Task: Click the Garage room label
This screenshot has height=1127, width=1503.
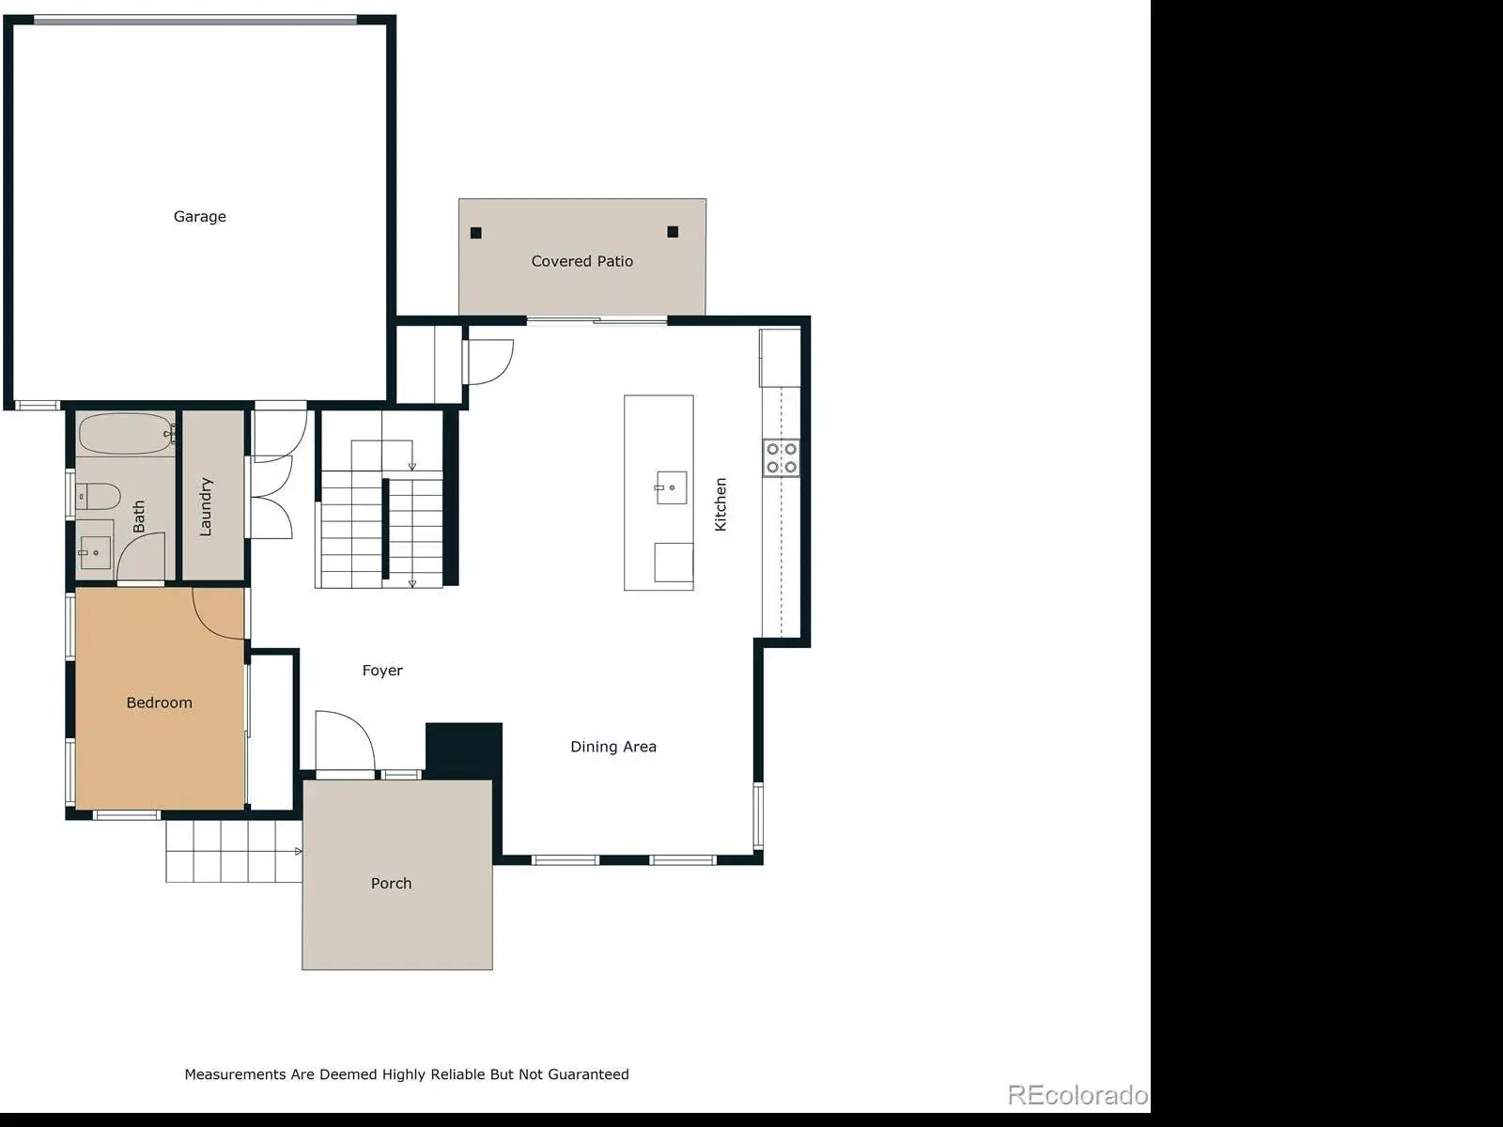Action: pos(199,217)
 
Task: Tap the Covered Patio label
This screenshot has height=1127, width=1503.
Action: pos(582,261)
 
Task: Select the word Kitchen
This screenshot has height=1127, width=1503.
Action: pos(721,504)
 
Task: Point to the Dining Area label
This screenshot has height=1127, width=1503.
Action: pos(613,747)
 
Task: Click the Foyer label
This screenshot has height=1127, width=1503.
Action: pos(382,671)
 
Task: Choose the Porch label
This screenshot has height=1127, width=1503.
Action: pos(391,884)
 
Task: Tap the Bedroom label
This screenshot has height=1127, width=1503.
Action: pos(160,702)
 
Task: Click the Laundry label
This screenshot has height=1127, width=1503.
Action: pos(206,506)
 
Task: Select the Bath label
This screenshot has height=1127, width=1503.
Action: pos(139,517)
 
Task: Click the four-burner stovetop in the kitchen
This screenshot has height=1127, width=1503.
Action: pos(782,457)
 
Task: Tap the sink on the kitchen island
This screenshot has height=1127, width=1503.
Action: pos(671,487)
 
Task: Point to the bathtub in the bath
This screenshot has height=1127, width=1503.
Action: pos(126,434)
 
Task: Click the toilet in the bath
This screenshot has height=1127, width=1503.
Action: pos(98,496)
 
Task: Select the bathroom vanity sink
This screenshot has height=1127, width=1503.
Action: pos(95,552)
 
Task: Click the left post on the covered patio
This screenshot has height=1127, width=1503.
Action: pos(476,233)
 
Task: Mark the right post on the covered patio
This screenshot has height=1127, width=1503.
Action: pos(673,232)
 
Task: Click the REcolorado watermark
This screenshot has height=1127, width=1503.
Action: pos(1077,1095)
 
